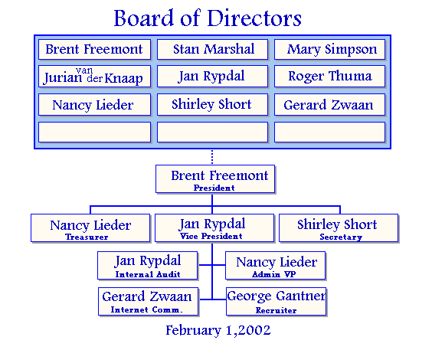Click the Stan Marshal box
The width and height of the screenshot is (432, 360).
[x=212, y=49]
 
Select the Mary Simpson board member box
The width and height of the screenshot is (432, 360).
[x=330, y=49]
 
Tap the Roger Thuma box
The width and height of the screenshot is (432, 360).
[x=330, y=77]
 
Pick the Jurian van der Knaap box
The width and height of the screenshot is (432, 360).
[x=94, y=77]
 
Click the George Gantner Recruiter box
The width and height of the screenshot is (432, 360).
[x=276, y=302]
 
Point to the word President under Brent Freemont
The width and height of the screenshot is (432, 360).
[x=214, y=188]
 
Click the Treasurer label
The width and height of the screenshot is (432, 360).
[x=87, y=237]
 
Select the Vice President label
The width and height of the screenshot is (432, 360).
[x=211, y=236]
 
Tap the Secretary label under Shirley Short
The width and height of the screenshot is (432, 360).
[x=341, y=237]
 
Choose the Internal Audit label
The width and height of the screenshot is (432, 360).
[x=148, y=274]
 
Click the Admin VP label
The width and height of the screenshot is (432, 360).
[x=274, y=274]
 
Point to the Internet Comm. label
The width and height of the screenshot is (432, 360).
[x=146, y=310]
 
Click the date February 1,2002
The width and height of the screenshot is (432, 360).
[x=218, y=330]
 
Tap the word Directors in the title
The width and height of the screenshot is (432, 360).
[x=254, y=18]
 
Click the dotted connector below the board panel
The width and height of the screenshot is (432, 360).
[x=212, y=157]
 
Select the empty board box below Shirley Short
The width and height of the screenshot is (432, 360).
[x=212, y=133]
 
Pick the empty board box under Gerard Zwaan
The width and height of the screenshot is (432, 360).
[x=330, y=133]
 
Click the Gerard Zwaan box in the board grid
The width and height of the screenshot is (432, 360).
[x=330, y=105]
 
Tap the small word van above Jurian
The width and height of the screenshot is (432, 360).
[x=84, y=70]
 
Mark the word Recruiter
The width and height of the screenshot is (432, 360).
[x=276, y=310]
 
